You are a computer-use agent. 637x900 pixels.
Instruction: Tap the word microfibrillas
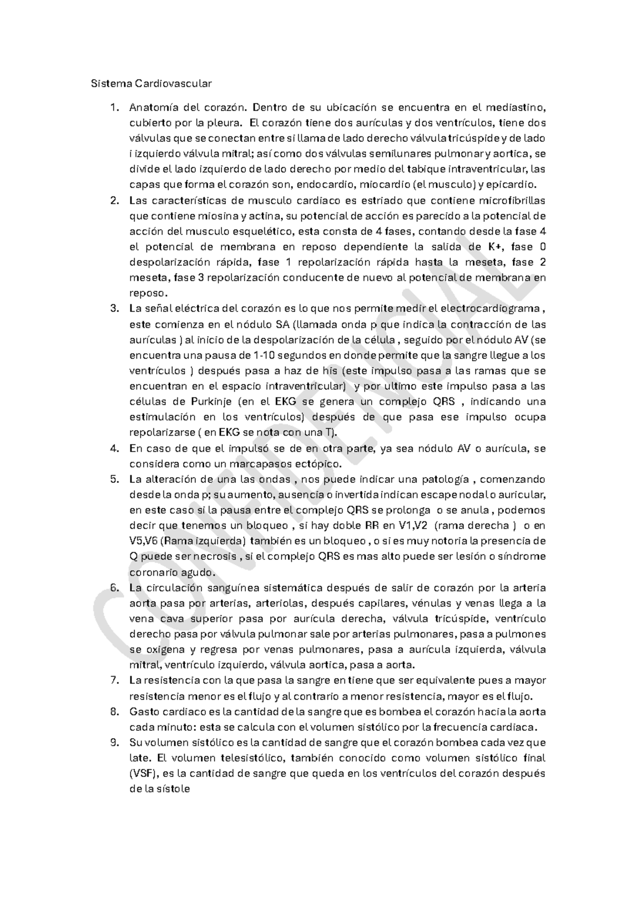512,201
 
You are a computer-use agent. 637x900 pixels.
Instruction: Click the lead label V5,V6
142,541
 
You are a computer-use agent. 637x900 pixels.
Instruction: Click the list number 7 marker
114,680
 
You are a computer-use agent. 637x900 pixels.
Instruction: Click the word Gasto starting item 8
143,711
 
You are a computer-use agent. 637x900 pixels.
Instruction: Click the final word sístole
171,789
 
